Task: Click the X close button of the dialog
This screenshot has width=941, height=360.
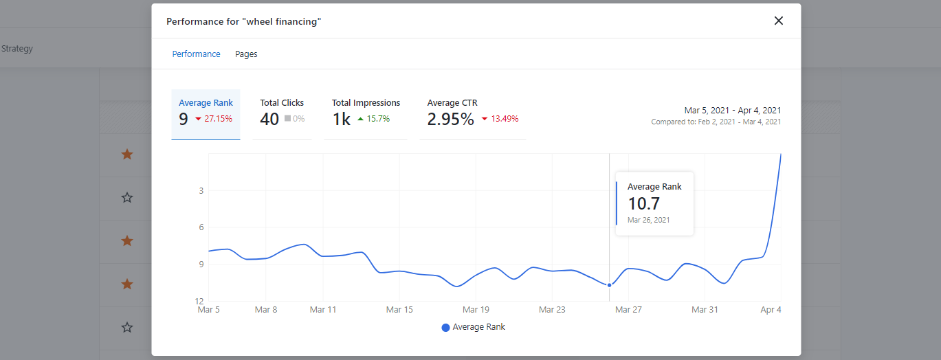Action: coord(779,21)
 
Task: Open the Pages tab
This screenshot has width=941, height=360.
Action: coord(246,54)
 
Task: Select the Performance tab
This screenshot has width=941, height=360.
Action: coord(196,54)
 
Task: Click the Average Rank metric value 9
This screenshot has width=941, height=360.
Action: coord(184,119)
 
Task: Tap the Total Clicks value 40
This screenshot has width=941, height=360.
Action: coord(269,119)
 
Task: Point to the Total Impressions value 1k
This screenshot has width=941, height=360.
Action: coord(342,119)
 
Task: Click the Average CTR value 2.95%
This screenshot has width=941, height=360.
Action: coord(450,119)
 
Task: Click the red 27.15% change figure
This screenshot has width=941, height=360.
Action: coord(218,119)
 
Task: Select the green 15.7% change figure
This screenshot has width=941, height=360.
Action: coord(378,119)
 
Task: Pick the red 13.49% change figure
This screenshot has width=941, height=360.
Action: coord(505,119)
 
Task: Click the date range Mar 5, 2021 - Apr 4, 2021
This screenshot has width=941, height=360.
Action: coord(733,110)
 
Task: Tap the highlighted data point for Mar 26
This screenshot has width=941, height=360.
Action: coord(610,285)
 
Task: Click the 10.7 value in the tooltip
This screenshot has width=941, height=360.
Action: coord(644,203)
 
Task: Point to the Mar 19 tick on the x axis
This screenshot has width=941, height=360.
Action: coord(476,310)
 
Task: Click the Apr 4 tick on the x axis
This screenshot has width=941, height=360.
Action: coord(771,310)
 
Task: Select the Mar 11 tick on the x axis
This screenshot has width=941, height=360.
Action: coord(323,310)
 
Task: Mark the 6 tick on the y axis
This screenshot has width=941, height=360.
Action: coord(201,227)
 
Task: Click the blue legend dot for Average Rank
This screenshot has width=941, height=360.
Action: coord(445,328)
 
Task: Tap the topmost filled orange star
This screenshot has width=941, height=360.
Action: coord(127,155)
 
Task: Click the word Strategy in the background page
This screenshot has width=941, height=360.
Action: coord(17,49)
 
